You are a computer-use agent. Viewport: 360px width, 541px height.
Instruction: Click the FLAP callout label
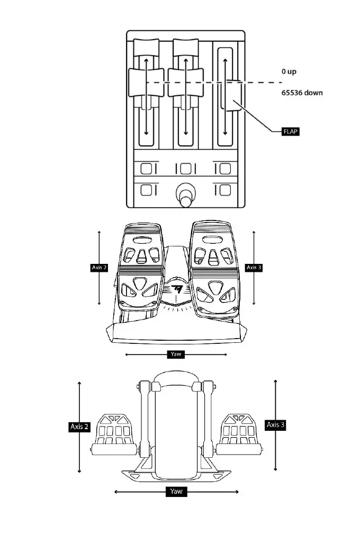click(290, 131)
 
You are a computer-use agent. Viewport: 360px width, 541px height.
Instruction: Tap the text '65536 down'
click(302, 93)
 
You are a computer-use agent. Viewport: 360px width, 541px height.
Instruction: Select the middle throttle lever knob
click(185, 82)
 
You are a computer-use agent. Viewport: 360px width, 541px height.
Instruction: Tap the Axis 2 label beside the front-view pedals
click(100, 268)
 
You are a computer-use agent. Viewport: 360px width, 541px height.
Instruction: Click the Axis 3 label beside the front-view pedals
click(254, 268)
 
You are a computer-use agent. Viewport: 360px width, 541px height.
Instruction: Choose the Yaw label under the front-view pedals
click(176, 354)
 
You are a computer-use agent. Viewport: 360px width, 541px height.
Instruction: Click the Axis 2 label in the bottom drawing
click(79, 427)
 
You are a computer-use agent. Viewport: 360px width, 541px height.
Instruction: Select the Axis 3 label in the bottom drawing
click(276, 424)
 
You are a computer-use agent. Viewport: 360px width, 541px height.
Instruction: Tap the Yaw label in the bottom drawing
click(176, 492)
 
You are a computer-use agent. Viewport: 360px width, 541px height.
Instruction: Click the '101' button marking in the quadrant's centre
click(185, 169)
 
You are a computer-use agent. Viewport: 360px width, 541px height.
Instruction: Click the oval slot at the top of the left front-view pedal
click(141, 240)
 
